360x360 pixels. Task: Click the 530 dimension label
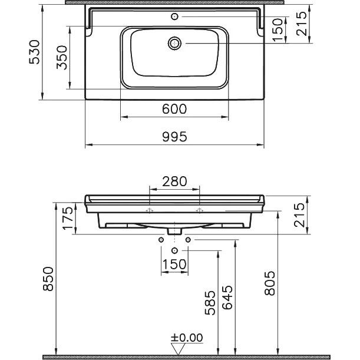pyautogui.click(x=34, y=52)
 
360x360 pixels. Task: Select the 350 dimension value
pyautogui.click(x=62, y=57)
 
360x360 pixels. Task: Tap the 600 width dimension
pyautogui.click(x=174, y=109)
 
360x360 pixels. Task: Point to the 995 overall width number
pyautogui.click(x=174, y=137)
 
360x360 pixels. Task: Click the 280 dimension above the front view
pyautogui.click(x=174, y=181)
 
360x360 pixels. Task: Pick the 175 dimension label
pyautogui.click(x=68, y=218)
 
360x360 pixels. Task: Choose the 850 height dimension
pyautogui.click(x=48, y=279)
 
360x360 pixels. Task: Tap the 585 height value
pyautogui.click(x=210, y=303)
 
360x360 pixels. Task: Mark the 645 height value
pyautogui.click(x=227, y=298)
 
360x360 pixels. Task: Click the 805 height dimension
pyautogui.click(x=269, y=283)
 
